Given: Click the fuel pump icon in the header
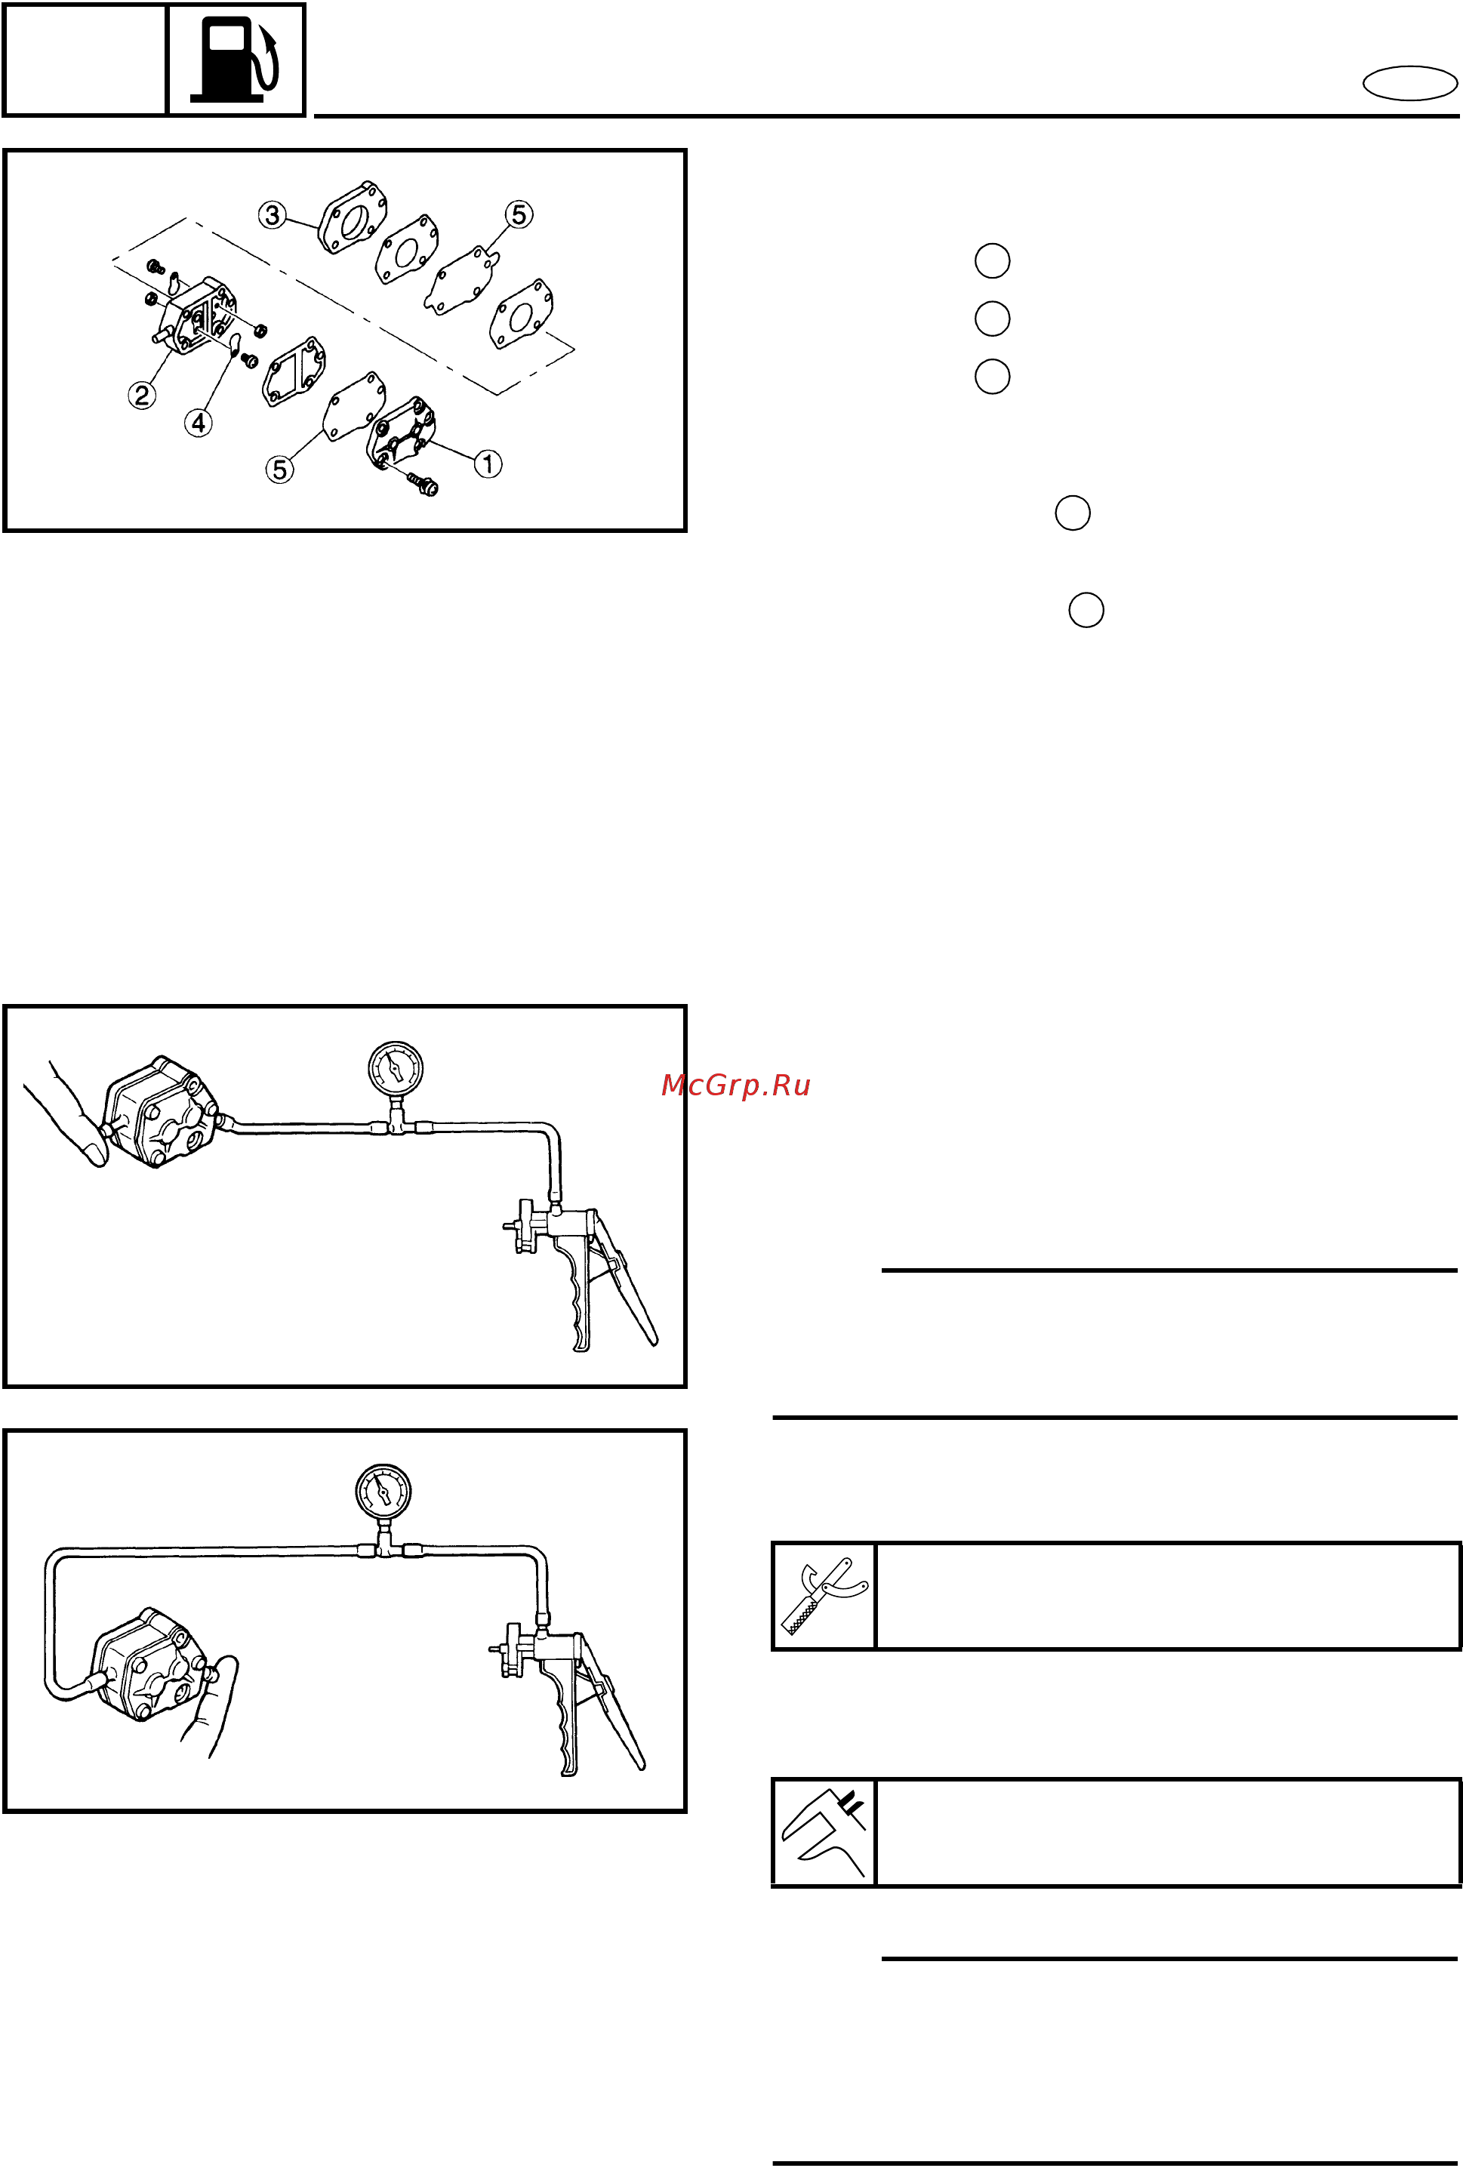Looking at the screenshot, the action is [x=235, y=60].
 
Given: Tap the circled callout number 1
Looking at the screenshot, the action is [x=488, y=463].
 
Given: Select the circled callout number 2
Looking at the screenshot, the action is [x=142, y=395].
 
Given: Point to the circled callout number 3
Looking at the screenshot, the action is [x=272, y=215].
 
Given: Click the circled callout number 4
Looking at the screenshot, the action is [x=199, y=423].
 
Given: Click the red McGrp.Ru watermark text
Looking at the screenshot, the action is [x=735, y=1085].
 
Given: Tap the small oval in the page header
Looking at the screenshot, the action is [x=1410, y=83].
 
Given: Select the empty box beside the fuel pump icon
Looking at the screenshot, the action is [x=85, y=60].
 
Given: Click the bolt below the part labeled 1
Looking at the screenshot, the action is [x=423, y=484].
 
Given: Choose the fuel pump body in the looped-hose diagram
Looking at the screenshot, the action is [x=150, y=1664].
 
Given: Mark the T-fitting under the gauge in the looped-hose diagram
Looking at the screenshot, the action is [x=383, y=1547].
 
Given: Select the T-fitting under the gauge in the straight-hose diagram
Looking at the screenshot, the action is [x=396, y=1124].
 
